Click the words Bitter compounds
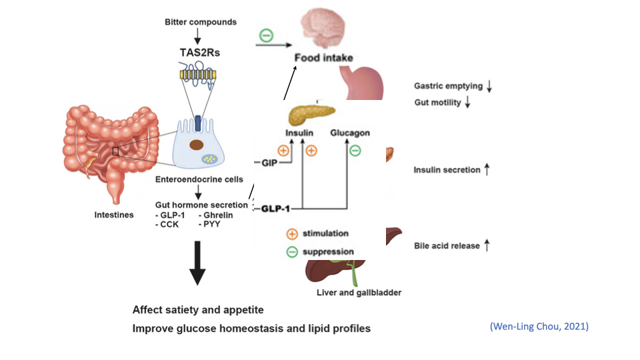point(201,22)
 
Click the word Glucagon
point(350,133)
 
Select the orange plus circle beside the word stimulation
point(292,234)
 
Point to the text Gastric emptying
point(448,87)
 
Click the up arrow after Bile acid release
point(487,246)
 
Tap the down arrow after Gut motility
point(468,102)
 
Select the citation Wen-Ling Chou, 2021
point(539,326)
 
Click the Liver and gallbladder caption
point(359,292)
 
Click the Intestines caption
point(114,215)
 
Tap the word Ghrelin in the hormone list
point(217,215)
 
